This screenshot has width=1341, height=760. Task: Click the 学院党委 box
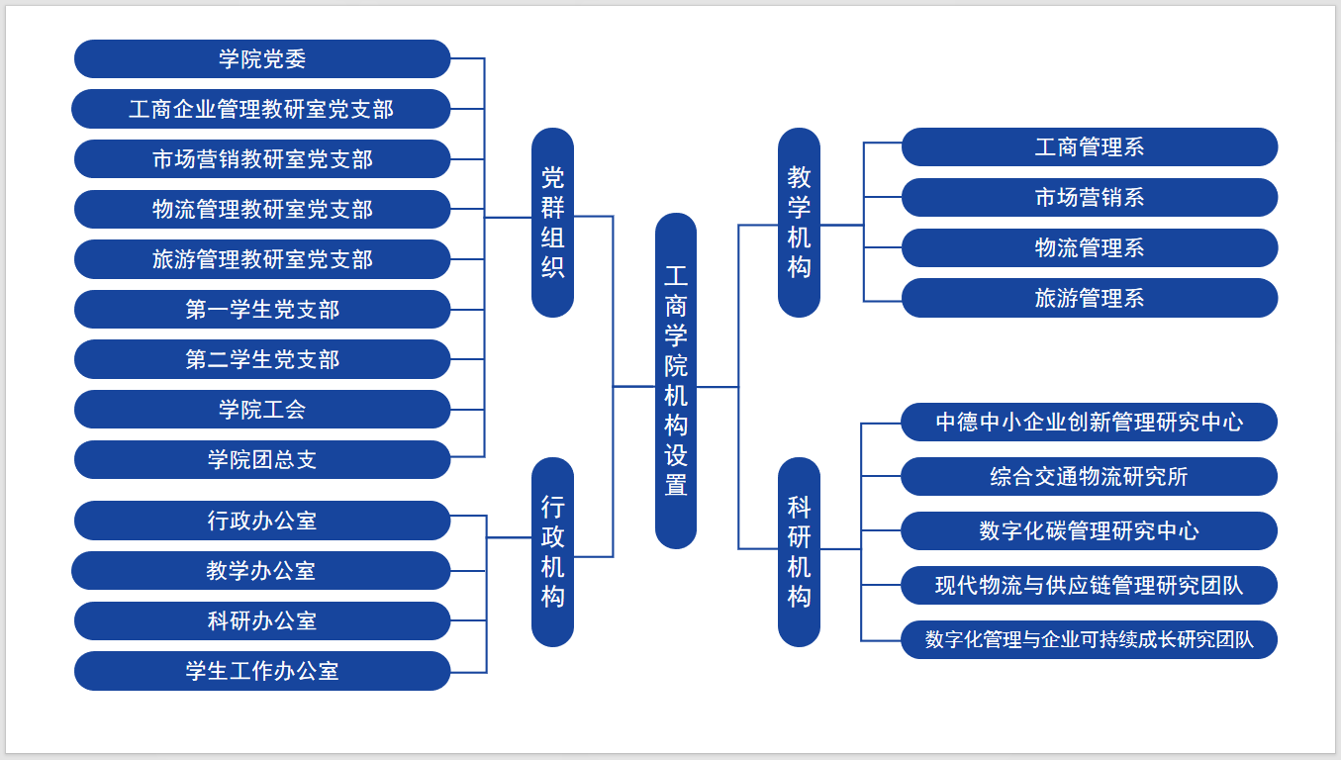(262, 59)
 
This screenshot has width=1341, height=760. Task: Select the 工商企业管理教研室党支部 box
(261, 109)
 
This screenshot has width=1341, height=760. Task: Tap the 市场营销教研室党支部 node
(262, 159)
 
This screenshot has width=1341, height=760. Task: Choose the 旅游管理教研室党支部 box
(262, 259)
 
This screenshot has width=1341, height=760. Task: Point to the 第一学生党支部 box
(262, 310)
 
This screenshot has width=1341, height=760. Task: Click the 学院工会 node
(262, 410)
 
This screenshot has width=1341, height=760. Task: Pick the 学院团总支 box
(262, 460)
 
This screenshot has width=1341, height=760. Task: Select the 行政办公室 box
(262, 521)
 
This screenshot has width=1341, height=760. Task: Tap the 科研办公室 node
(262, 621)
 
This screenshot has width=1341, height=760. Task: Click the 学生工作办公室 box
(262, 671)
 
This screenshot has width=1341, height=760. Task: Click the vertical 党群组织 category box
(552, 223)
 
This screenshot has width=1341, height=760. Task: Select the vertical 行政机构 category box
(552, 552)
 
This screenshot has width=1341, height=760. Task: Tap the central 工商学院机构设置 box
(676, 381)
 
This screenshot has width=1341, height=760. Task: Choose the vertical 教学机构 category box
(799, 223)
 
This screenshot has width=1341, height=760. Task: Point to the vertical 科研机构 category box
(799, 552)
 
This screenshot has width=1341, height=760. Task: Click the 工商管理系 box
(1090, 147)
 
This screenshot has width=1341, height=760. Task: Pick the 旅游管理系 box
(1090, 298)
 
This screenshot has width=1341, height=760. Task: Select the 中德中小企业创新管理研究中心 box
(1090, 423)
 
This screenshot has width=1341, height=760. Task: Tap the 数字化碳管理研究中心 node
(1090, 531)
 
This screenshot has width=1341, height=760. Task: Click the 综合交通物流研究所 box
(1090, 477)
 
